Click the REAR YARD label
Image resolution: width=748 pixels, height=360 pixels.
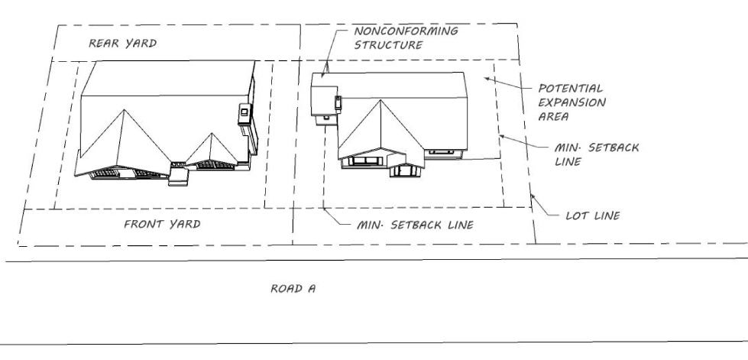click(x=123, y=44)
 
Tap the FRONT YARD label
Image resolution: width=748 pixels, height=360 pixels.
click(x=162, y=224)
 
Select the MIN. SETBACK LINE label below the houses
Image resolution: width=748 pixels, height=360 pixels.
click(x=416, y=225)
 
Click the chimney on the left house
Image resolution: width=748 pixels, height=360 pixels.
click(x=244, y=112)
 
